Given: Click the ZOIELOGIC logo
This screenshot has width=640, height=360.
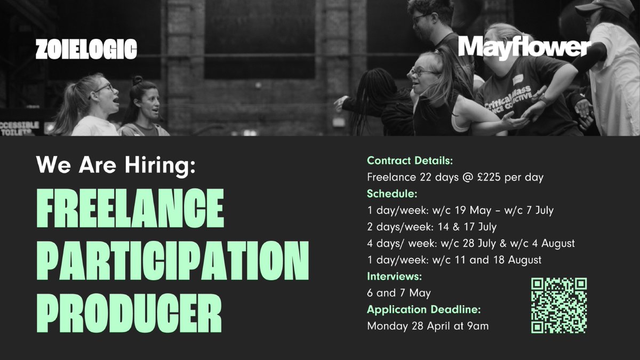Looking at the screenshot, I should pos(86,50).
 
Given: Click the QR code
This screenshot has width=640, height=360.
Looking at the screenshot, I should pos(559,306).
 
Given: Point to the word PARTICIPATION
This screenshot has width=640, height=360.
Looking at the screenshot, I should pos(172,259).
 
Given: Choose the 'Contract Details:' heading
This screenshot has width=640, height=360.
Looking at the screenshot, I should pos(410,161).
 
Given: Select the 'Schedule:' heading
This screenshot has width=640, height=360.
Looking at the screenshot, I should pos(391,194).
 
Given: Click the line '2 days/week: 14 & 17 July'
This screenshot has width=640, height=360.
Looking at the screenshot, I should pos(431,227).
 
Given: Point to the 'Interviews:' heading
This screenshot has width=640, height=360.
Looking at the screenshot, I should pos(394,276).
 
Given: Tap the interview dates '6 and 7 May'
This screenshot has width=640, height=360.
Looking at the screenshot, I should pos(399,293).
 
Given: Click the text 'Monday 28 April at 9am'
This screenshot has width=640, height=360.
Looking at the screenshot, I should pos(428,326).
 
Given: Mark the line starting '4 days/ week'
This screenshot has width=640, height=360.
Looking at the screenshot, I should pos(471,243).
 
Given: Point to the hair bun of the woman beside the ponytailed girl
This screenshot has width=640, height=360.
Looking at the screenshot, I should pos(138,80).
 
